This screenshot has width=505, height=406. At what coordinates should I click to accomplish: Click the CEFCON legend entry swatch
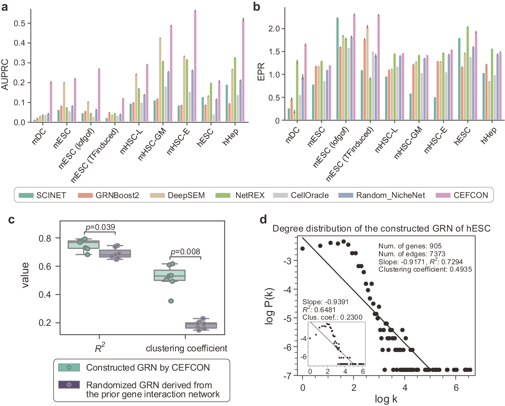pos(443,195)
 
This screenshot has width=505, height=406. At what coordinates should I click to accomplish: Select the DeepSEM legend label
pos(186,195)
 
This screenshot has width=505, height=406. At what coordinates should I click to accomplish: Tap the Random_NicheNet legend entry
pos(390,195)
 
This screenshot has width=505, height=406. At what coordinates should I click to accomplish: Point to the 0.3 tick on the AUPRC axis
pos(20,63)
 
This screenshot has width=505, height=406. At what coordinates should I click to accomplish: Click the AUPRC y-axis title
pos(5,74)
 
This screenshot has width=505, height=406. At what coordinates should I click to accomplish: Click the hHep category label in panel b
pos(488,135)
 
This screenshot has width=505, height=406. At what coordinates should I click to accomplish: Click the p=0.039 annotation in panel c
pos(100,227)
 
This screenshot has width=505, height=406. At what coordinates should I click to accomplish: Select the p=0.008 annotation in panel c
pos(185,251)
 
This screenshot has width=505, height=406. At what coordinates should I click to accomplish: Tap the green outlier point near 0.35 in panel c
pos(171,301)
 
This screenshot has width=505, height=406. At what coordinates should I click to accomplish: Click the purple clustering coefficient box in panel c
pos(201,325)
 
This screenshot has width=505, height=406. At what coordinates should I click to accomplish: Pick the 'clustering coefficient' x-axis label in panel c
pos(186,348)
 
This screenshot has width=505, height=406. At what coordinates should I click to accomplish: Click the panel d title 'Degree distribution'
pos(381,228)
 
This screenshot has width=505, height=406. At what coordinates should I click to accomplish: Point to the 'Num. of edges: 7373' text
pos(412,254)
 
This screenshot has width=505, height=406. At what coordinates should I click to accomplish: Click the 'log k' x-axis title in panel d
pos(386,399)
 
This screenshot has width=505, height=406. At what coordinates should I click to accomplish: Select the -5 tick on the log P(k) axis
pos(287,318)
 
